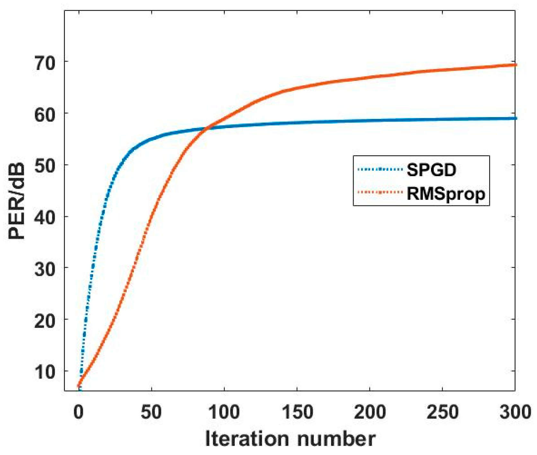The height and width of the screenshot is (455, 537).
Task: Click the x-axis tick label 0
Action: click(78, 412)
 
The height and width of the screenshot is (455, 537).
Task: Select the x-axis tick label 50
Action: click(151, 412)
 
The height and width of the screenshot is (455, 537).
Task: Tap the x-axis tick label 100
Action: click(224, 412)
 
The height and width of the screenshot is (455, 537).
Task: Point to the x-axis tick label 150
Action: click(297, 412)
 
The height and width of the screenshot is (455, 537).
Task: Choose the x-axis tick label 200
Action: click(370, 412)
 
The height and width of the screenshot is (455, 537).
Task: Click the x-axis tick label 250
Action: click(442, 412)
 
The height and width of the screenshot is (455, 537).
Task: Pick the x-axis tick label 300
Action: click(515, 412)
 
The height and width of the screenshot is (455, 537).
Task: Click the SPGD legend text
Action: click(431, 170)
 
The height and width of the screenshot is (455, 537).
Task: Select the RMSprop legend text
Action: click(446, 193)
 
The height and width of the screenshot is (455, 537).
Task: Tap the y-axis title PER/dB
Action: click(17, 201)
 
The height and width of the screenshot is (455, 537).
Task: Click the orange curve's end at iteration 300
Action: click(515, 65)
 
